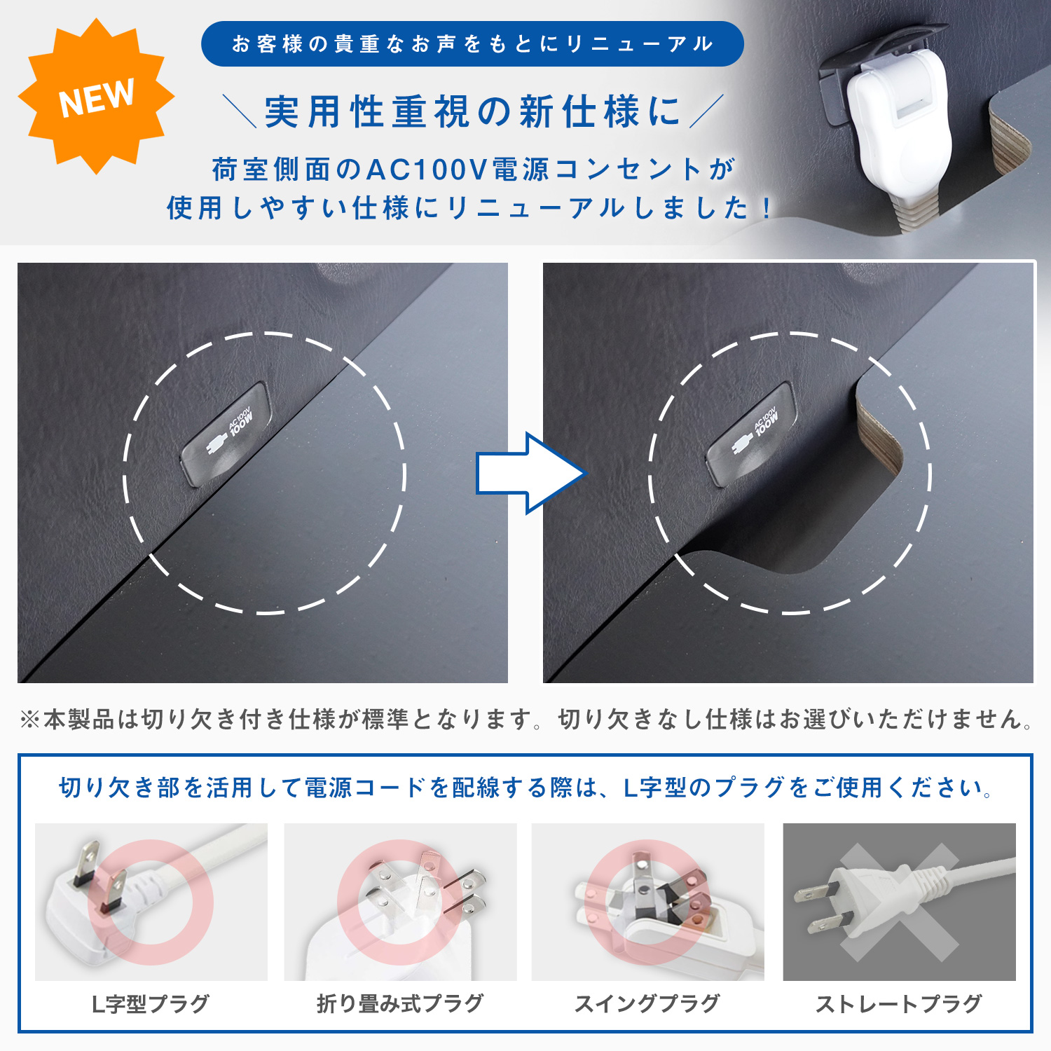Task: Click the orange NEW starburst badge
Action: pos(96,97)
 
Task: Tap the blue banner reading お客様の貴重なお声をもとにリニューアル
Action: pos(472,44)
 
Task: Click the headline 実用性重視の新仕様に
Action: pos(472,112)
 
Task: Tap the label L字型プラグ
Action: pos(151,1004)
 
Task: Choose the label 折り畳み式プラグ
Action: pos(400,1004)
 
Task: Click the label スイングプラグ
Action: pos(647,1004)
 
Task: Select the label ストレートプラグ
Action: pos(899,1004)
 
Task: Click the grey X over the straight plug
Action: pos(900,902)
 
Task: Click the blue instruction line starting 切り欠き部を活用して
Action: pos(525,788)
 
